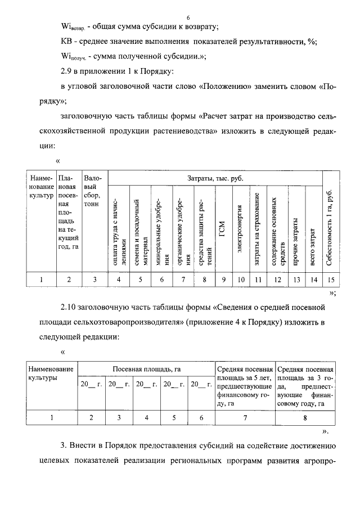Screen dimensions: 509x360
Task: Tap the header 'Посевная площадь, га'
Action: (146, 368)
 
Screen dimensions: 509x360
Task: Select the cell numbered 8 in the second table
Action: (305, 417)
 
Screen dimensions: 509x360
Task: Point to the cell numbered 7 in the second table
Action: (245, 417)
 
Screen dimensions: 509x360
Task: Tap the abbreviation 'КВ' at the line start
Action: (66, 41)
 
